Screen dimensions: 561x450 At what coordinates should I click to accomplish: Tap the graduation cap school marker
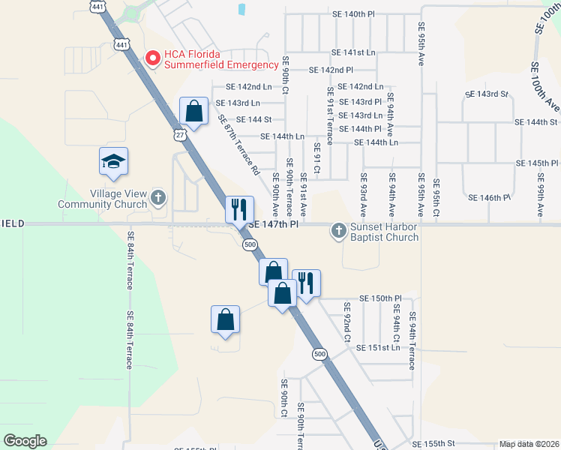[113, 162]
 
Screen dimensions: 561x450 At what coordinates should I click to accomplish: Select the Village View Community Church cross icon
[157, 197]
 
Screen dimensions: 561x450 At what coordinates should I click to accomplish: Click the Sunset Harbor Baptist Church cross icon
[339, 230]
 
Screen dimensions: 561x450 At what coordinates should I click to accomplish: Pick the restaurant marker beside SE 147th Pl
[240, 210]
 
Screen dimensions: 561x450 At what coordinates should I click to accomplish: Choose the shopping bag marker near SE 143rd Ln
[193, 112]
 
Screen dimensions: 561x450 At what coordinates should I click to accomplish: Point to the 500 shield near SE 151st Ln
[320, 354]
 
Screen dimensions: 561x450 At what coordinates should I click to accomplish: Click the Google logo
[25, 441]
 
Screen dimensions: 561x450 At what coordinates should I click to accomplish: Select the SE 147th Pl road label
[273, 224]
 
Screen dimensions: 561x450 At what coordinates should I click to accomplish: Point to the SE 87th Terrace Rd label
[238, 144]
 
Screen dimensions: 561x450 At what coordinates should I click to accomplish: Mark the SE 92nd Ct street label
[347, 322]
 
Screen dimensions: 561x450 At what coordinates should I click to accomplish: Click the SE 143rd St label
[487, 94]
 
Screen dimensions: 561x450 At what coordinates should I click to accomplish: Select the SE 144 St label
[253, 119]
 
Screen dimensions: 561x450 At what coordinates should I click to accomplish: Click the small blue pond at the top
[241, 10]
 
